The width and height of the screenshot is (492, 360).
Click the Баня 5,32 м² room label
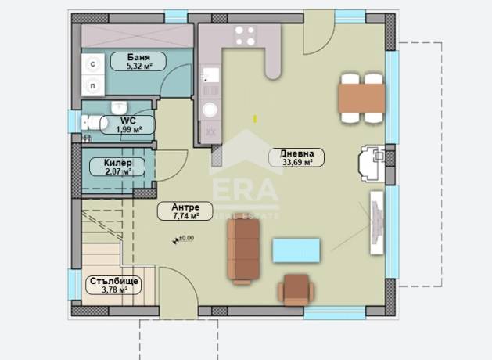tap(138, 61)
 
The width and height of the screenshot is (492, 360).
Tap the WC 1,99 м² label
tap(128, 124)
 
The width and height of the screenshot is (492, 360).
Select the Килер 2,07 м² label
tap(117, 167)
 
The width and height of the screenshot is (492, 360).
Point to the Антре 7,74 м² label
tap(185, 211)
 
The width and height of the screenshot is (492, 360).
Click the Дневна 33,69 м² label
tap(296, 157)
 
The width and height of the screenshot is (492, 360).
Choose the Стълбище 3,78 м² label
tap(113, 285)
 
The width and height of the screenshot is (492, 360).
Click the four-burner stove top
tap(245, 36)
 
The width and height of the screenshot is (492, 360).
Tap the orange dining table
tap(362, 99)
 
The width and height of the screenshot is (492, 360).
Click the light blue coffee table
tap(296, 250)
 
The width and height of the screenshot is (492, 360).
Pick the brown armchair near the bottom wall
tap(296, 290)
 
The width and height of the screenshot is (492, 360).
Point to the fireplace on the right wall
tap(372, 164)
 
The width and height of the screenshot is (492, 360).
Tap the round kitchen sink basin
tap(210, 110)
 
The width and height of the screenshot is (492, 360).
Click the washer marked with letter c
tap(93, 64)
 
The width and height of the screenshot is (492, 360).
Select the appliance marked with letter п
tap(93, 85)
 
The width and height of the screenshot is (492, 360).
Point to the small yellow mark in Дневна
tap(255, 119)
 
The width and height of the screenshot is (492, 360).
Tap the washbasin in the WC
tap(119, 108)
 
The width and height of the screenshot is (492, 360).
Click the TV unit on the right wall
tap(377, 223)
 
